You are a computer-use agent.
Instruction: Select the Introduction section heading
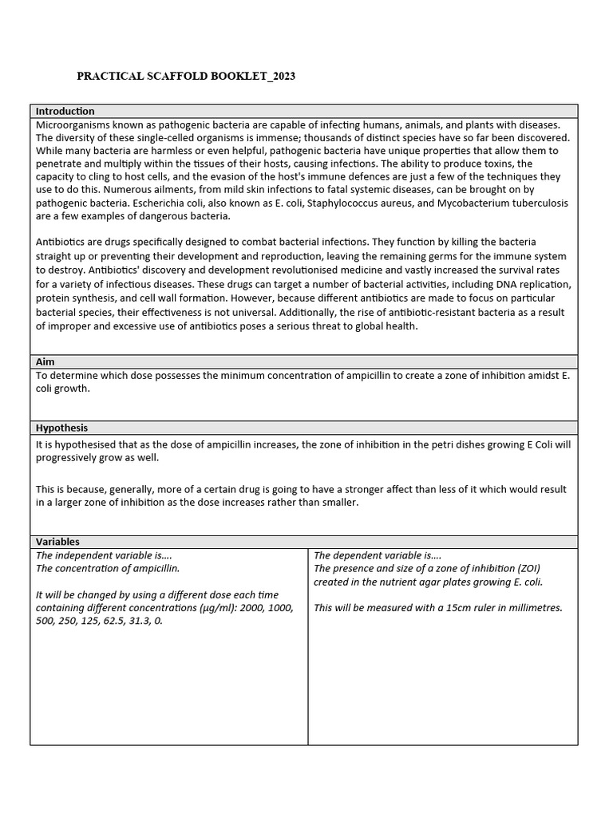(65, 111)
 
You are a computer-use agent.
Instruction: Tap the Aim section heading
(45, 361)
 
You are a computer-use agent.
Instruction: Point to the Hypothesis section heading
(61, 428)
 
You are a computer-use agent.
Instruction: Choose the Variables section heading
(57, 542)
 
